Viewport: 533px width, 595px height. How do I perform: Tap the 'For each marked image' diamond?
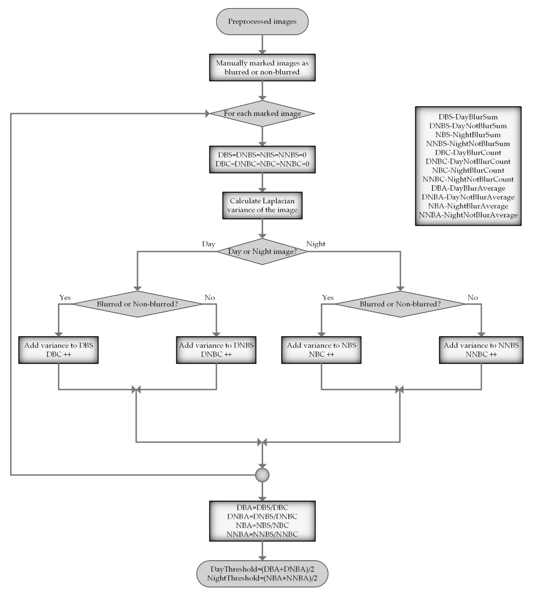pyautogui.click(x=262, y=114)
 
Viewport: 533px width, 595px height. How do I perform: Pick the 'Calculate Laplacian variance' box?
pyautogui.click(x=262, y=205)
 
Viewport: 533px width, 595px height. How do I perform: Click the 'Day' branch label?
pyautogui.click(x=208, y=244)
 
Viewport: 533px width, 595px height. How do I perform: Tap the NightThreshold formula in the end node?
pyautogui.click(x=262, y=578)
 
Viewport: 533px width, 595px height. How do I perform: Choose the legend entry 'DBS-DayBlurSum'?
pyautogui.click(x=468, y=117)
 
